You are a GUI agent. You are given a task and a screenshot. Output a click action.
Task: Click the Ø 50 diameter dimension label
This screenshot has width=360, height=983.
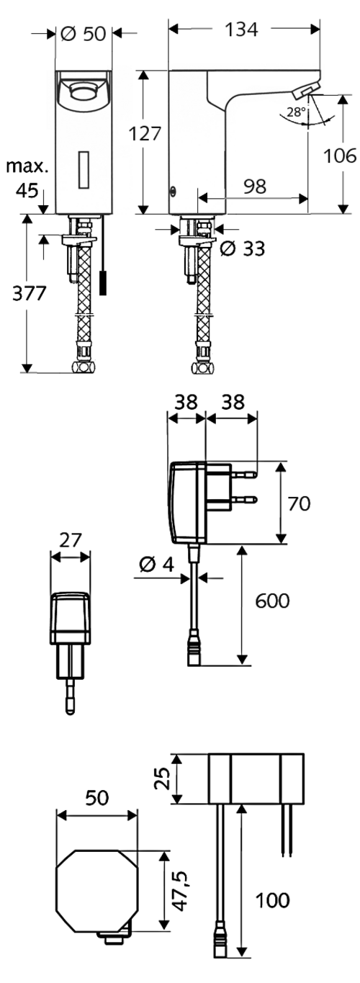point(84,33)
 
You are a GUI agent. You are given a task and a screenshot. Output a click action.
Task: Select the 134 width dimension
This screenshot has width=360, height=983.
point(241,30)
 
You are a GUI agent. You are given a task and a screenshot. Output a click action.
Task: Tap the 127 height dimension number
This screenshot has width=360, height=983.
point(144,133)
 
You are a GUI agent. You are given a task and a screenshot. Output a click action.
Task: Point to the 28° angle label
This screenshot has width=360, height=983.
point(296,112)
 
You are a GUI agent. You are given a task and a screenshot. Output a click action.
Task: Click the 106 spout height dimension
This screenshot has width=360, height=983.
point(340,156)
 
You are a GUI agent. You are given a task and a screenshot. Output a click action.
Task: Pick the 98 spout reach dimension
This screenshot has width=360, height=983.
point(255,186)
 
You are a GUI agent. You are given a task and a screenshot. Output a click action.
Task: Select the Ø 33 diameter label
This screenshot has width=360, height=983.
point(243,249)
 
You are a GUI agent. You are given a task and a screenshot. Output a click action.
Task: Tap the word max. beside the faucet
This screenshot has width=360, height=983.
point(27,166)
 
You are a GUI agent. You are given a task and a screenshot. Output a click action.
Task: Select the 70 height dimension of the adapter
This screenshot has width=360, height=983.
point(299,503)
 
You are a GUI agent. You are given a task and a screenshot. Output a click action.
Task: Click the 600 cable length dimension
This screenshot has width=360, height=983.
point(272,601)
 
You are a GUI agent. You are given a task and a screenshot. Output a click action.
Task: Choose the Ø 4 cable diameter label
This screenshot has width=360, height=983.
point(156,565)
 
